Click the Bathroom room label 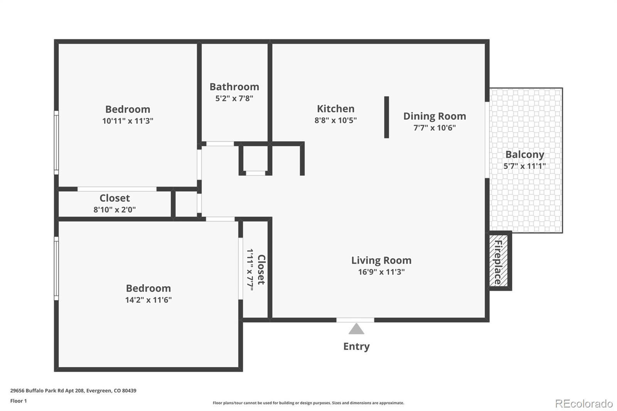(x=234, y=87)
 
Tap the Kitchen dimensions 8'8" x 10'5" (x=335, y=120)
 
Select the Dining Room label (x=435, y=116)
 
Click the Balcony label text (x=524, y=154)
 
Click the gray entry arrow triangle (x=356, y=329)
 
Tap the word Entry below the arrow (x=356, y=346)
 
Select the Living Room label (x=381, y=260)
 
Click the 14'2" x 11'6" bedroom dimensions (x=148, y=300)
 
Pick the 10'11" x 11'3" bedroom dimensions (x=128, y=121)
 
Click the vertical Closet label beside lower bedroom (x=261, y=270)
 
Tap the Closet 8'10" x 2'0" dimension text (x=115, y=210)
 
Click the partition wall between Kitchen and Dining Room (x=386, y=117)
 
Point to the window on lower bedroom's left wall (x=56, y=268)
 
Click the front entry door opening (x=355, y=320)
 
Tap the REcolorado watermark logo (x=583, y=403)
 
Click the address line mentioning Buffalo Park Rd (x=73, y=391)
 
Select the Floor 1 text (x=19, y=401)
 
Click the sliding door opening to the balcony (x=487, y=140)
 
